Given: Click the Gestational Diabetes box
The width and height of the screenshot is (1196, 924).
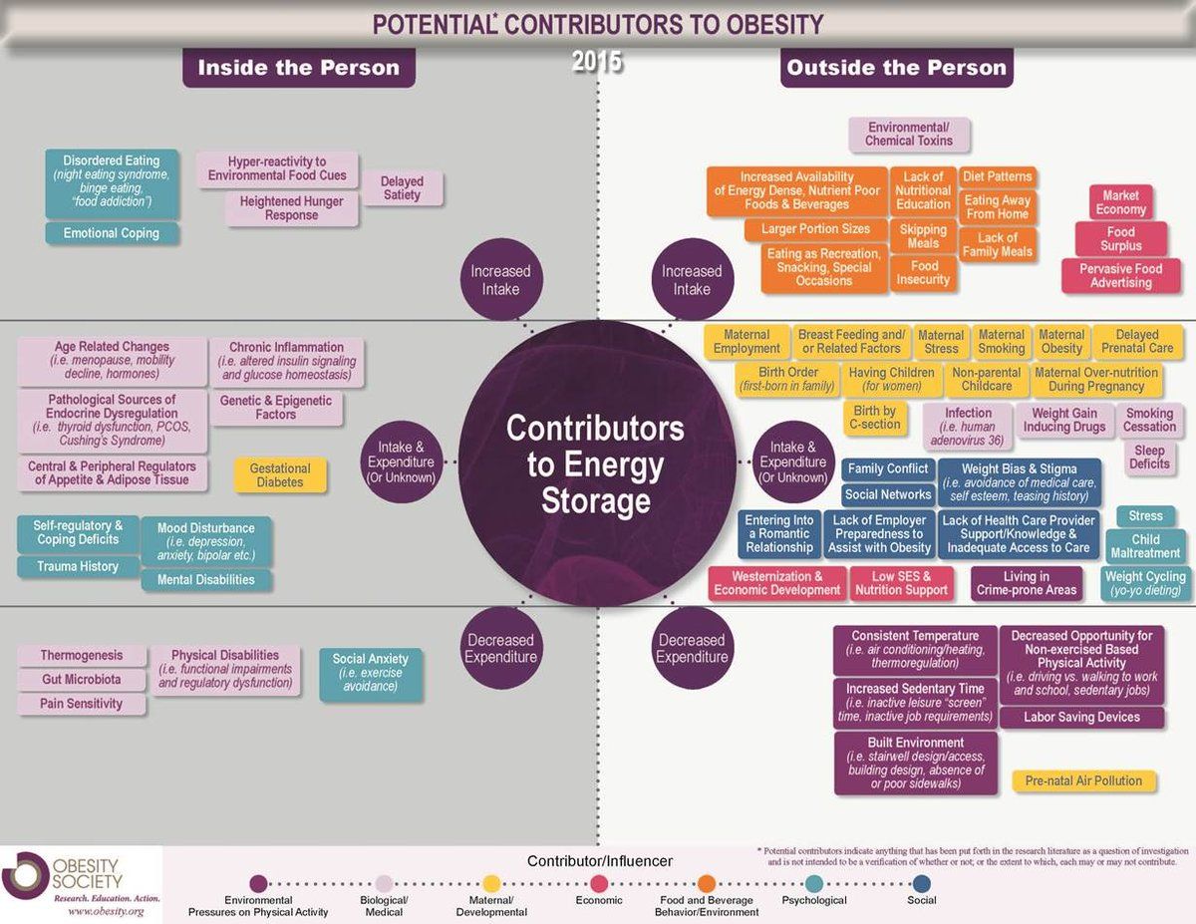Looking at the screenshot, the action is (x=280, y=474).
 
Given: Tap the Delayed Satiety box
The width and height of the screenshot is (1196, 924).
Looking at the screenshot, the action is (x=402, y=188).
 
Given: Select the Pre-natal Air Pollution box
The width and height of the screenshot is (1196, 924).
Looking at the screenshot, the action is (x=1083, y=780).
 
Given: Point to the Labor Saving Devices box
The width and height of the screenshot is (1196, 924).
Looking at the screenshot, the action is (x=1081, y=717).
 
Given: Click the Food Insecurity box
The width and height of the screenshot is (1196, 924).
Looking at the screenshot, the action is (x=923, y=273).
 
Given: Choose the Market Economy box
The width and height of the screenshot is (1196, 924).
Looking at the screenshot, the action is (x=1120, y=202).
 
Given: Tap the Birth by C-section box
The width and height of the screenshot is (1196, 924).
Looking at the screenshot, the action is (x=874, y=418).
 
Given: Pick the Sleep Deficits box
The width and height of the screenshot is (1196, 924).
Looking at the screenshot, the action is (x=1149, y=458).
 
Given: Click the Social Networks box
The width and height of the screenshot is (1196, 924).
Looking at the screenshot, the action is (x=888, y=494).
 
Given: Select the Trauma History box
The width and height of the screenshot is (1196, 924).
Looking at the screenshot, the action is (x=78, y=567).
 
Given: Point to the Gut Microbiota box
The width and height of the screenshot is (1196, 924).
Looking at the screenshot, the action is (x=82, y=680).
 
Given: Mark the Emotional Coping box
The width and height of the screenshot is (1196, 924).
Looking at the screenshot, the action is (x=112, y=233).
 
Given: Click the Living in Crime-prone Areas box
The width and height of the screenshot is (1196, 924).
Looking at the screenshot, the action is (x=1026, y=583).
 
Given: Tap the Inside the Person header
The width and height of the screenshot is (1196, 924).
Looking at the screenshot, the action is (x=299, y=68).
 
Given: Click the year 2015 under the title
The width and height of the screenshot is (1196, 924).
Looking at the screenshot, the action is (x=597, y=61).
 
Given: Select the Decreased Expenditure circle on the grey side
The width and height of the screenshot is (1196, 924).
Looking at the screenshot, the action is (x=501, y=648).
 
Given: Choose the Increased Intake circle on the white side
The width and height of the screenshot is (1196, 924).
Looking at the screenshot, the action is (x=693, y=279).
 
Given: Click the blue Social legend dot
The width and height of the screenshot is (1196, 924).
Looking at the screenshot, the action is (x=922, y=884).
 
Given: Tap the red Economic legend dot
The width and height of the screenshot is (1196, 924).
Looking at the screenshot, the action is (x=599, y=884).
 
